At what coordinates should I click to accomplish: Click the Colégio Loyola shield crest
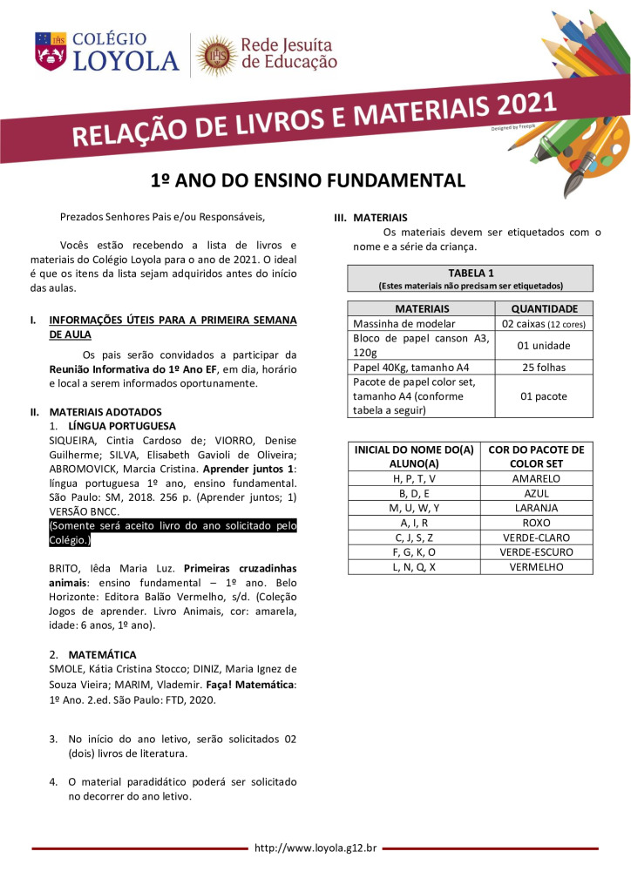pyautogui.click(x=50, y=51)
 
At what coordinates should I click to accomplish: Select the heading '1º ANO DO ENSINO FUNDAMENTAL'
pyautogui.click(x=309, y=180)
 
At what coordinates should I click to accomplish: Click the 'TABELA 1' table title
pyautogui.click(x=470, y=273)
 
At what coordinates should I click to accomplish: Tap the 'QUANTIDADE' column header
pyautogui.click(x=544, y=308)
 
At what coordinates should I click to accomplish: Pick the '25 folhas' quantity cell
pyautogui.click(x=544, y=368)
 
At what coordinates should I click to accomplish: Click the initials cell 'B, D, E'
pyautogui.click(x=414, y=493)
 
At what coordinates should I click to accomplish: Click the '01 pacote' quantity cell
pyautogui.click(x=544, y=396)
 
